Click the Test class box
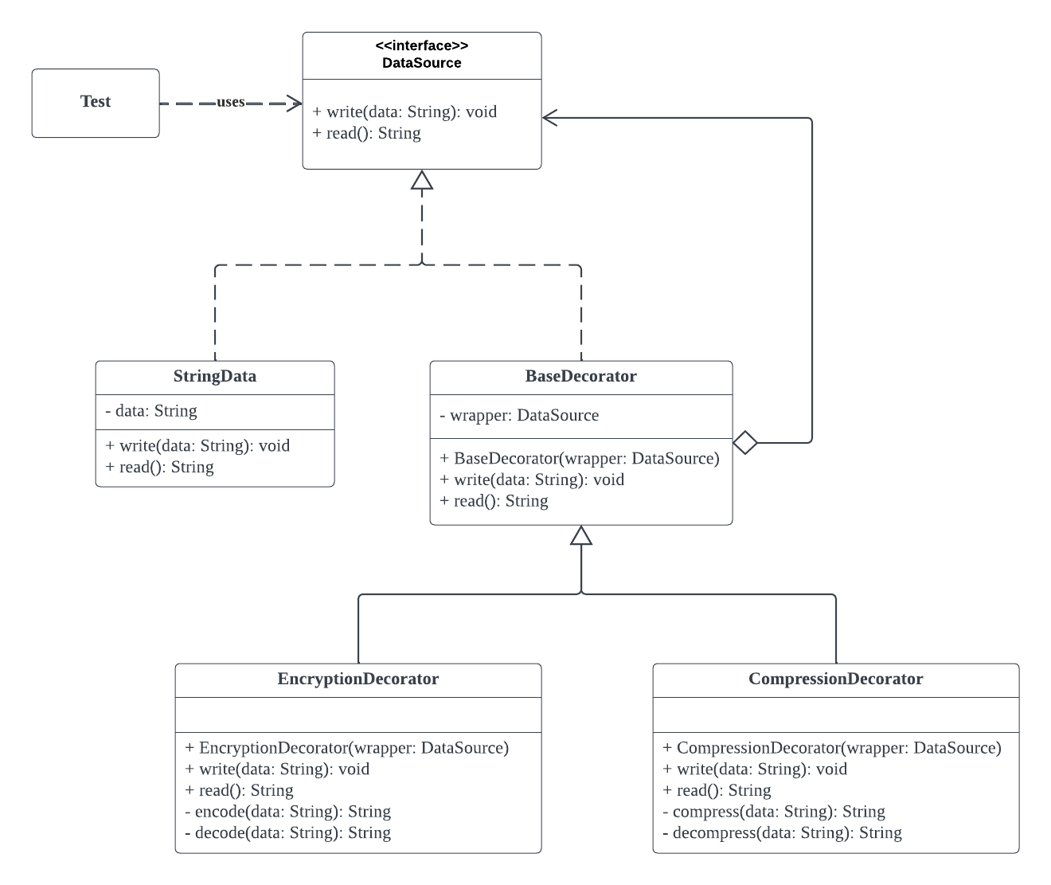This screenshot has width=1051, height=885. pos(96,104)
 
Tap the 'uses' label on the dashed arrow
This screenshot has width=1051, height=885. pos(231,102)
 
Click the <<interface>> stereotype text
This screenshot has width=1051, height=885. pos(422,46)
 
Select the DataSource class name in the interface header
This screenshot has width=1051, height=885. pos(422,63)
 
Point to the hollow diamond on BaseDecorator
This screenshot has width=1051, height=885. pos(745,443)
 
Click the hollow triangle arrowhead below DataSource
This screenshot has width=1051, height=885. pos(422,180)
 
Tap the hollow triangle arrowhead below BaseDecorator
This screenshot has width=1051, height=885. pos(581,535)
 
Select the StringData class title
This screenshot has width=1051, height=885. pos(215,376)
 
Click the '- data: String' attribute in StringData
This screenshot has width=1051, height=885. pos(151,411)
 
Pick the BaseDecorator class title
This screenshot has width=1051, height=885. pos(581,376)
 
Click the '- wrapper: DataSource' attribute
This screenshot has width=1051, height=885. pos(519,416)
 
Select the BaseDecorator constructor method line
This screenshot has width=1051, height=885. pos(580,458)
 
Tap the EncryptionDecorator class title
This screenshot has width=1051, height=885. pos(357,679)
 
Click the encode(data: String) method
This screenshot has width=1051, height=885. pos(288,812)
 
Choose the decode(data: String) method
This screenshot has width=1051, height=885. pos(288,832)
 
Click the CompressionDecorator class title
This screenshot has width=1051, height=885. pos(835,679)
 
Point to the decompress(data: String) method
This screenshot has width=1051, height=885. pos(782,832)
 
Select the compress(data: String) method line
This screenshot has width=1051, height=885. pos(774,812)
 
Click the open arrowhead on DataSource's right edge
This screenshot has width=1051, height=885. pos(549,118)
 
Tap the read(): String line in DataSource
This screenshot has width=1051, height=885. pos(366,134)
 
